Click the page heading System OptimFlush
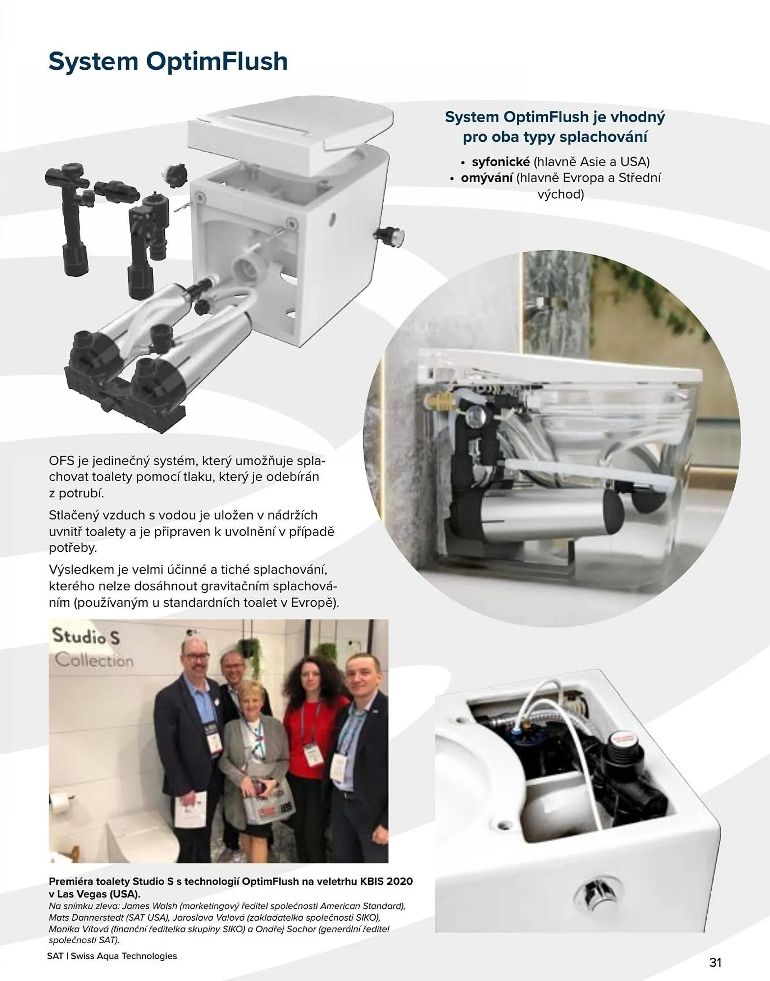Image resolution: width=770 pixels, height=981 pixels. click(168, 62)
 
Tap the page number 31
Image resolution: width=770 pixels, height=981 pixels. click(715, 962)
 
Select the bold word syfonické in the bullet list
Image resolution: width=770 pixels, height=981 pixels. click(501, 162)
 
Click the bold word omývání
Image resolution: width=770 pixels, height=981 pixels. click(486, 178)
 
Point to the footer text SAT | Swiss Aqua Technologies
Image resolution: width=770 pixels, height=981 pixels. click(112, 955)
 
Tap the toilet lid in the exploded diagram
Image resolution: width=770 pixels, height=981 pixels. click(290, 131)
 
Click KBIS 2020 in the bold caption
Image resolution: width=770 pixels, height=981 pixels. click(386, 881)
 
